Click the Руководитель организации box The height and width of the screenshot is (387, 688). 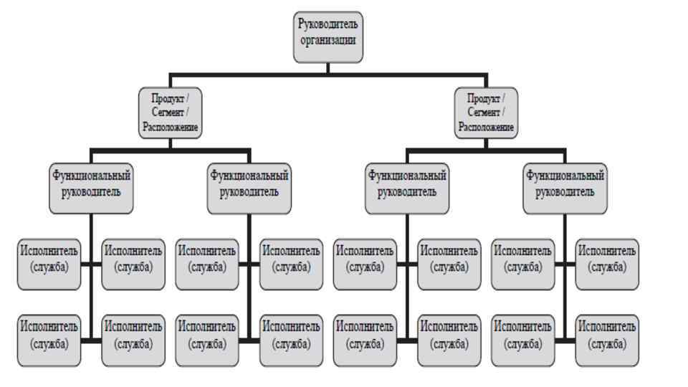click(328, 37)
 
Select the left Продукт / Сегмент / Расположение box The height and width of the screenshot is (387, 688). click(169, 113)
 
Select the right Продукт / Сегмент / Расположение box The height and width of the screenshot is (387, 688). click(486, 113)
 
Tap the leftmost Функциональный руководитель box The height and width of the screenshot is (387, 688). click(91, 189)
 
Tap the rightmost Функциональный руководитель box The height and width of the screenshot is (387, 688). click(565, 189)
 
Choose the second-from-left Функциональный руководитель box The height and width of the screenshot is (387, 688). click(249, 189)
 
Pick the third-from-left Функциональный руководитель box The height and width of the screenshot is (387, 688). click(407, 189)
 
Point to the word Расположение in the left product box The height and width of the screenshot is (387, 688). click(169, 127)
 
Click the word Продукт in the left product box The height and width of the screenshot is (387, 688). click(165, 98)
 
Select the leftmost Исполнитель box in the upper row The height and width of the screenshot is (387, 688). click(49, 264)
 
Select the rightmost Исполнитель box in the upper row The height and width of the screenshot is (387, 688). click(607, 264)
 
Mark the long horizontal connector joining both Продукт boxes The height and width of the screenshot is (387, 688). click(328, 74)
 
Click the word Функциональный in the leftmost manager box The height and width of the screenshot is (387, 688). click(91, 175)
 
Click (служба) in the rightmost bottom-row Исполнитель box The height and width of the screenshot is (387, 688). click(607, 343)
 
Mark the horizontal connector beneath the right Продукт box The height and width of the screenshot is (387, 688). click(486, 150)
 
